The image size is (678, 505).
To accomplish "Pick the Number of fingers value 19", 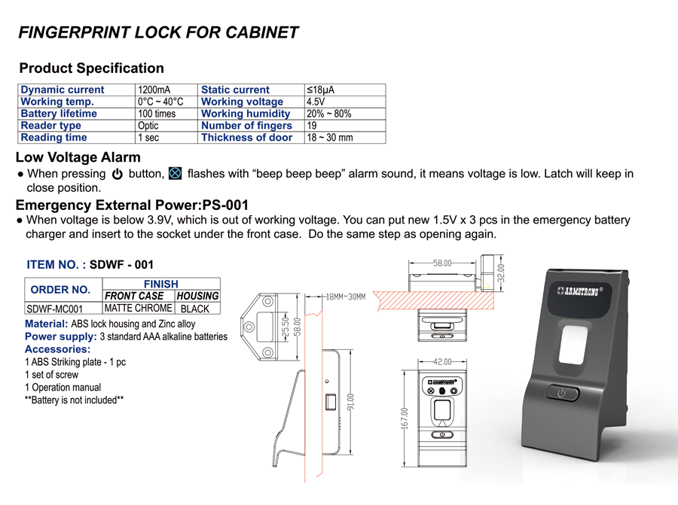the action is (x=312, y=126).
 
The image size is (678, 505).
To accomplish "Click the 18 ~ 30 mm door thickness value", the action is (x=330, y=138).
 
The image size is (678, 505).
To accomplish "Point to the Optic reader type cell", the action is (x=148, y=126).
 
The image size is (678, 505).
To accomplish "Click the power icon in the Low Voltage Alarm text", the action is (x=118, y=174).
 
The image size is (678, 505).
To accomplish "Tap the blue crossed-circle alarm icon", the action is (x=175, y=173).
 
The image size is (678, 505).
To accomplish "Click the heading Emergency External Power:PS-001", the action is (x=132, y=205).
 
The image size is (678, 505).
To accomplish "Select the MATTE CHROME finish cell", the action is (x=139, y=308).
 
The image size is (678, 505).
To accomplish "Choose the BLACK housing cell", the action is (x=194, y=309).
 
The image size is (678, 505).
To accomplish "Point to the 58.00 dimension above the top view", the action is (x=442, y=263).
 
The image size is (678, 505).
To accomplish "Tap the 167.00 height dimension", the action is (x=405, y=418).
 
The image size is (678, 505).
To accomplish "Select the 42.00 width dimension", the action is (x=442, y=362).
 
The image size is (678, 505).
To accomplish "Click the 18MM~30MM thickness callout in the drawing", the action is (x=346, y=297).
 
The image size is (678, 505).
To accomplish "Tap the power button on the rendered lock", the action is (x=562, y=393).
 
